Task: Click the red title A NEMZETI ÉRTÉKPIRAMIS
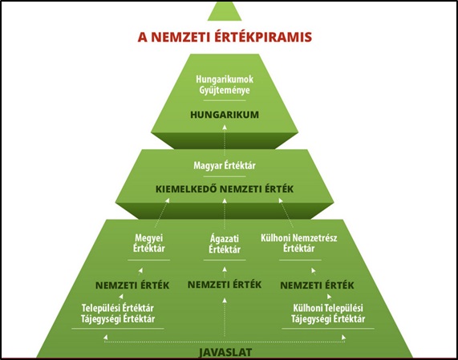click(225, 37)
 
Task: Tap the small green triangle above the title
click(225, 12)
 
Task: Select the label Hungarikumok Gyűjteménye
click(225, 85)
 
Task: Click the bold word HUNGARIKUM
click(225, 115)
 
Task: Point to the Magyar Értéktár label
click(225, 165)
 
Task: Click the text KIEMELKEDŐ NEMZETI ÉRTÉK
click(225, 189)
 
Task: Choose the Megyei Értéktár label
click(149, 243)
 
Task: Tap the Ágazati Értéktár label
click(225, 244)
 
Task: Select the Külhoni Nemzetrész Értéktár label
click(299, 243)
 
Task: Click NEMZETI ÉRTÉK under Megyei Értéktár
click(132, 285)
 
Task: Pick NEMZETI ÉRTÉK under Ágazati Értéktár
click(225, 285)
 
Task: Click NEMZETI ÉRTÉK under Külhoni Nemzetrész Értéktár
click(317, 285)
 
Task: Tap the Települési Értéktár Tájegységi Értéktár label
click(118, 313)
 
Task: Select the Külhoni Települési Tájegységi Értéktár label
click(328, 313)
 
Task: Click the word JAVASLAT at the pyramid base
click(225, 353)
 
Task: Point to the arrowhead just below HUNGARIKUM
click(225, 127)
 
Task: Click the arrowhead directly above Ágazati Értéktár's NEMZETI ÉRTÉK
click(225, 269)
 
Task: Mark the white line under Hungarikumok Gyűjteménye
click(225, 100)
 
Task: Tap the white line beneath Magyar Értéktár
click(225, 176)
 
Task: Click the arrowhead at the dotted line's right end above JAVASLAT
click(344, 338)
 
